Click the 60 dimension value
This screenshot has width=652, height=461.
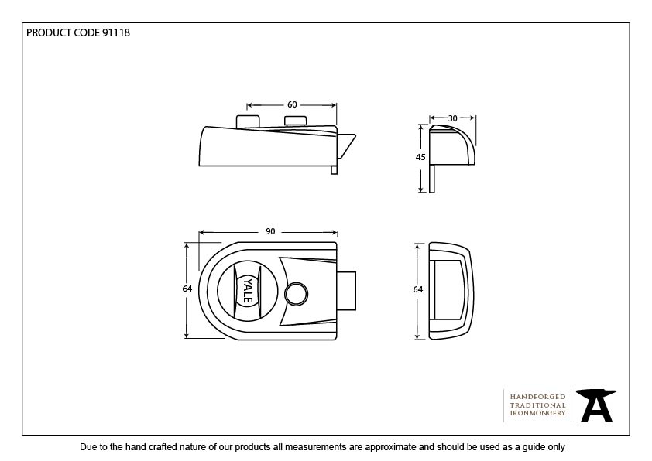[292, 104]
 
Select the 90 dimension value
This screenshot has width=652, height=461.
[269, 231]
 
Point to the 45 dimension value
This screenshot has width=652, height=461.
[420, 157]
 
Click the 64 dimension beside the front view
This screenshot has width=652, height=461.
[187, 289]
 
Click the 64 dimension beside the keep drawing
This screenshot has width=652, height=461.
[418, 289]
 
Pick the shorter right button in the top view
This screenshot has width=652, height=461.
[296, 121]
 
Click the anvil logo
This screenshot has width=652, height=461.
[597, 405]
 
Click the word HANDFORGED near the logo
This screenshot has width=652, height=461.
[537, 396]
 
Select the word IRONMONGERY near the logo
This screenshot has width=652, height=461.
[537, 414]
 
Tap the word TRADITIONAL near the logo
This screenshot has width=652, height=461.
[537, 405]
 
